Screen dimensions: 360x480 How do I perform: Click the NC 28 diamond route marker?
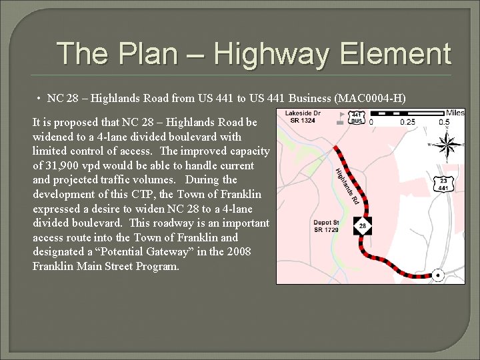tap(363, 225)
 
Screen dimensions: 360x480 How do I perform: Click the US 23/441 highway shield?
tap(443, 185)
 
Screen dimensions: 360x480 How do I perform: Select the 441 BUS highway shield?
tap(357, 117)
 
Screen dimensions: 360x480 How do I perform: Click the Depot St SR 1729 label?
tap(327, 225)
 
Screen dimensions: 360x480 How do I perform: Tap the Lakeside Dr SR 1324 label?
tap(303, 117)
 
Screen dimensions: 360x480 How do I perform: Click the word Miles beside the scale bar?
tap(455, 112)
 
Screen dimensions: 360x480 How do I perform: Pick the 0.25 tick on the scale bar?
tap(407, 122)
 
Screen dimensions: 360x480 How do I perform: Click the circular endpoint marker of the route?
tap(438, 275)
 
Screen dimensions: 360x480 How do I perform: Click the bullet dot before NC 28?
tap(40, 99)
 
